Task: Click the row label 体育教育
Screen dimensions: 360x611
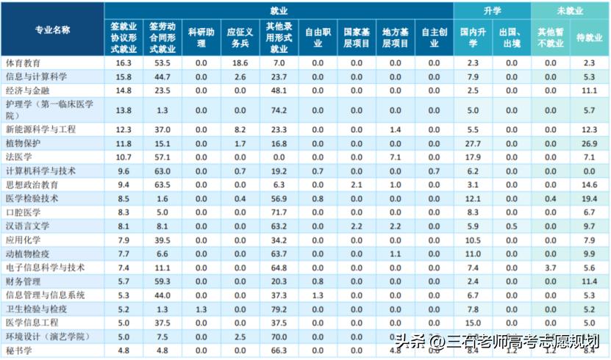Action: pos(23,63)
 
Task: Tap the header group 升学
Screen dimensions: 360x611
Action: pos(492,10)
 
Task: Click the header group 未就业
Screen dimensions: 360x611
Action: pos(571,10)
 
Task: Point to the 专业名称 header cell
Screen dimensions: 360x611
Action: pos(52,29)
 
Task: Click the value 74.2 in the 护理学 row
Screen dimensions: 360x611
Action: pos(279,110)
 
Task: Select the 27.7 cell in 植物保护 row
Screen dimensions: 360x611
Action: pos(473,143)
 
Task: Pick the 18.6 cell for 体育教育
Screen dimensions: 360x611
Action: pos(240,63)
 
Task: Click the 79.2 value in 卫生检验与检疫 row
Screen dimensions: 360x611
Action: pos(279,309)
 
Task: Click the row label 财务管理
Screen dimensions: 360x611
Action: pos(23,281)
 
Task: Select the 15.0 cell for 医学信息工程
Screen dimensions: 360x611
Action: pos(473,323)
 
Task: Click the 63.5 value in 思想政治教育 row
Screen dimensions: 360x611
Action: pos(162,184)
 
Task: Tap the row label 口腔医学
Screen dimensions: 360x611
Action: pos(23,212)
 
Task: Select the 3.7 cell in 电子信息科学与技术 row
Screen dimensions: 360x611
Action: pos(550,267)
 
